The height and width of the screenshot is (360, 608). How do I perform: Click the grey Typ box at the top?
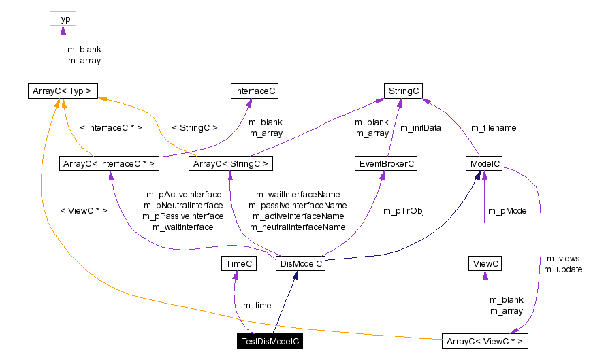pos(63,18)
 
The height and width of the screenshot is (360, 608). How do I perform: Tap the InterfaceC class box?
pos(254,91)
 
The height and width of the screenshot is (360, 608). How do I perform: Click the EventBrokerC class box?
pos(385,163)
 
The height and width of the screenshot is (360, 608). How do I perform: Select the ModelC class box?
pos(484,163)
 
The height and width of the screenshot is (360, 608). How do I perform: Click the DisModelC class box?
pos(300,263)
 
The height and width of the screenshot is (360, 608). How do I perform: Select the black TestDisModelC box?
pos(270,342)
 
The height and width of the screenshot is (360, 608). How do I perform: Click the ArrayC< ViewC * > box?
pos(485,342)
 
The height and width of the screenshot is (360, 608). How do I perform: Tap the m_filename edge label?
pos(494,127)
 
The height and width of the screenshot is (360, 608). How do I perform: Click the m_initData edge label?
pos(420,127)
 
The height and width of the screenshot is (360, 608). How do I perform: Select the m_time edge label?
pos(257,306)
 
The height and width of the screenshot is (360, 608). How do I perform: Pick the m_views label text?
pos(562,259)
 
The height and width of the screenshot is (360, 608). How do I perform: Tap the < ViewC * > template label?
pos(83,210)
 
